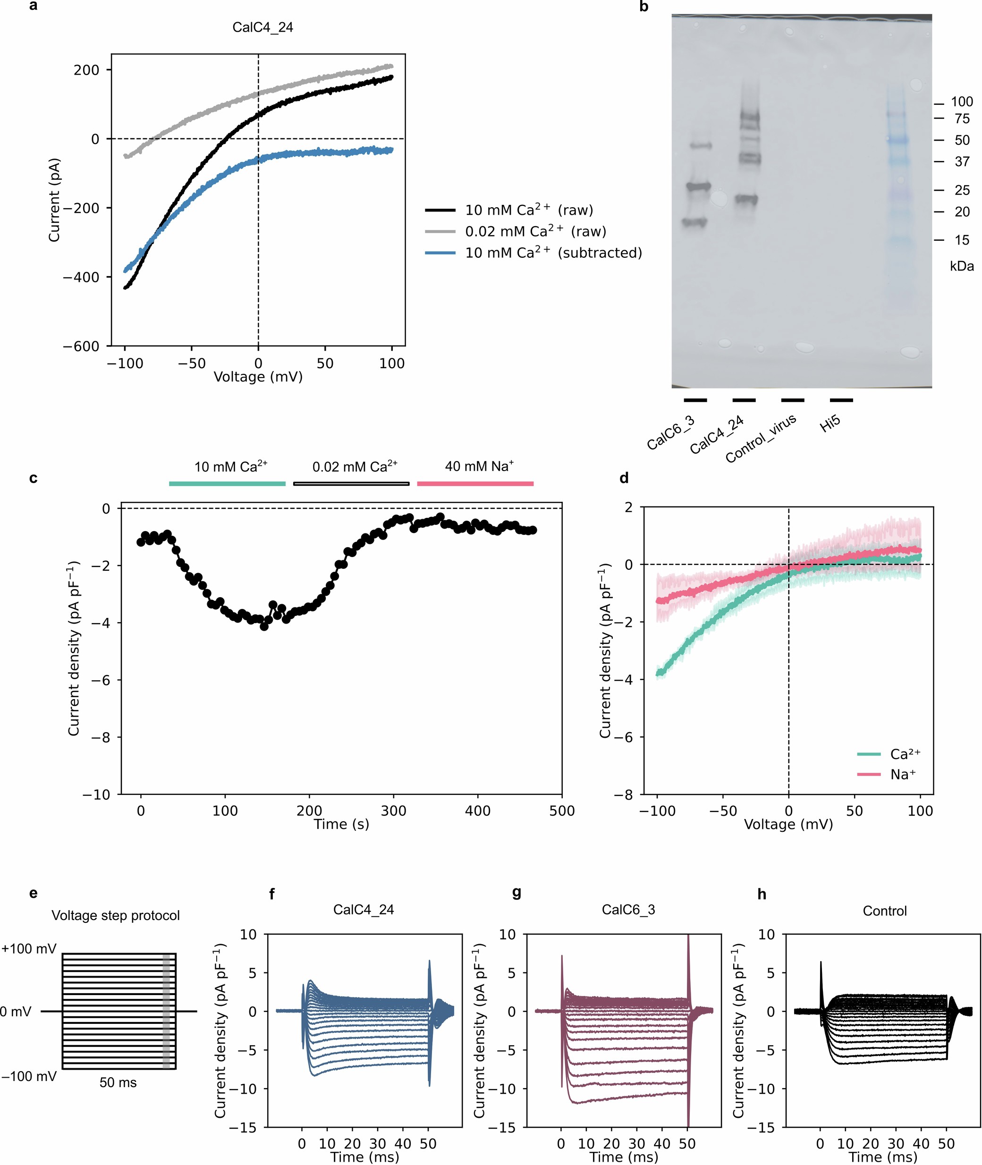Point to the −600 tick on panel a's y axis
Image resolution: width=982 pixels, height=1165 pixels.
[x=81, y=346]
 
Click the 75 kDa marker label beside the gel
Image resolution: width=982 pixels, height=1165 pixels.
[x=961, y=118]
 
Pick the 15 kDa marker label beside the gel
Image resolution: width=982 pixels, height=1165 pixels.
[x=961, y=240]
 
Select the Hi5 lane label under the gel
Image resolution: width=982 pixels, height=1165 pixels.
[x=830, y=424]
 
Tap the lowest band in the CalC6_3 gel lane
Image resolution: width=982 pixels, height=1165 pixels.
[x=694, y=223]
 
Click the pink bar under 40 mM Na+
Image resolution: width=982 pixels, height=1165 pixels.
[x=475, y=484]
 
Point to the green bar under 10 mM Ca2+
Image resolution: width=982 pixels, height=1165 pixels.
[x=227, y=484]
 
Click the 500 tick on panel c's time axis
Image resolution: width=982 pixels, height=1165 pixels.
[x=562, y=810]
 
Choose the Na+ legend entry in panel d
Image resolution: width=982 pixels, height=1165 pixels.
[x=902, y=774]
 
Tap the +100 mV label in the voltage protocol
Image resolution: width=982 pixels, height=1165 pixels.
[x=29, y=948]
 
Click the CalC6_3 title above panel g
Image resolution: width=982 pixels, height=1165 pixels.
[x=628, y=910]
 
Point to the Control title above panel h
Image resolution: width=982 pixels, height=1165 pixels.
[x=885, y=911]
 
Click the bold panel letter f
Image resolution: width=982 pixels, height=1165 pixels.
[x=271, y=894]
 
